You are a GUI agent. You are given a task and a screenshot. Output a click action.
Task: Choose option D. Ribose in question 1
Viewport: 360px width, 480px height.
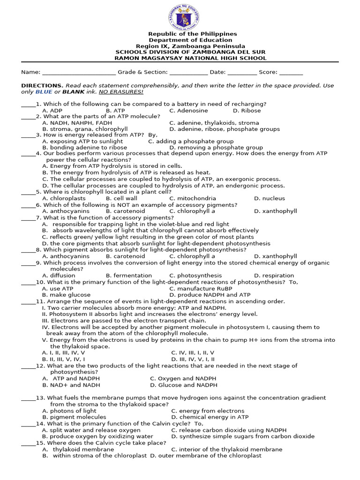(247, 111)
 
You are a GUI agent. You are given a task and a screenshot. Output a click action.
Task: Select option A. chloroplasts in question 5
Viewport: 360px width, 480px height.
(64, 199)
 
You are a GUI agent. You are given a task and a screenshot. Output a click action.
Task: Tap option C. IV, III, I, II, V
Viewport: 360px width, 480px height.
(193, 352)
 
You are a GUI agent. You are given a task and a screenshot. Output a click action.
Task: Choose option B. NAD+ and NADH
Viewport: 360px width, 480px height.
(68, 385)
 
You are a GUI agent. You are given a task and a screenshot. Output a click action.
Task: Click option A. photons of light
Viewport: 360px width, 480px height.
(69, 411)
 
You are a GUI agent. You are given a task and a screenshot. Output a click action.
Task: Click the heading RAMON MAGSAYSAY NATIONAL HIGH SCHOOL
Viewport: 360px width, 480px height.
(190, 59)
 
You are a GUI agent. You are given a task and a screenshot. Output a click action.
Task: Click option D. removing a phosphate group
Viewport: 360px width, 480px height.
(210, 147)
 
